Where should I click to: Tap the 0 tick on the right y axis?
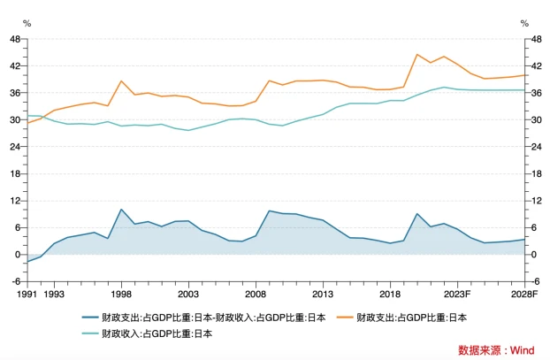(x=533, y=255)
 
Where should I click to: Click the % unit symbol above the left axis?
(x=27, y=23)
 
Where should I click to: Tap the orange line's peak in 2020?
(x=416, y=55)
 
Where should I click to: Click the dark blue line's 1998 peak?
(x=121, y=210)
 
